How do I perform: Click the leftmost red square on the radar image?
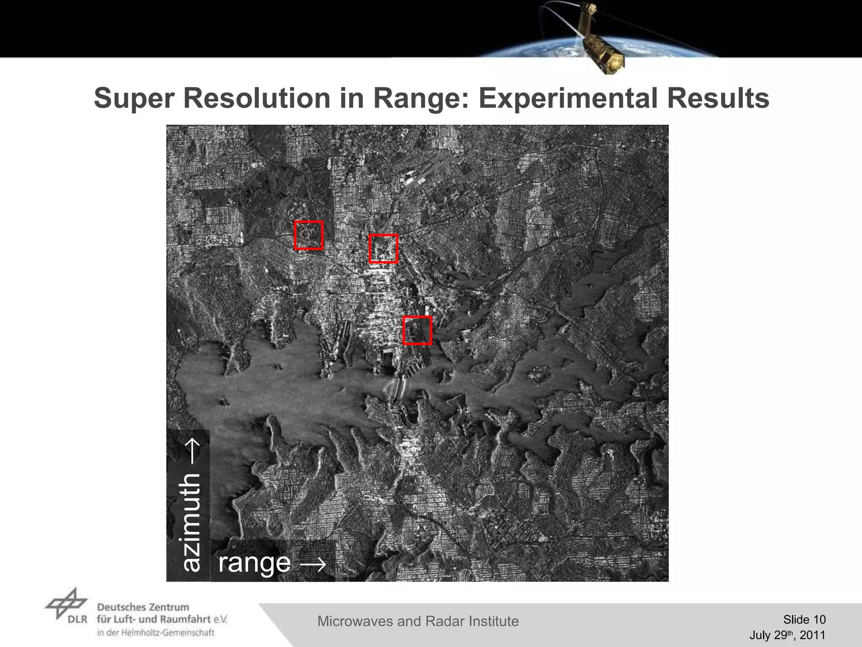point(309,235)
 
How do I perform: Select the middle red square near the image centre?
point(383,249)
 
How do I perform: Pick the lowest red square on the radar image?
point(417,330)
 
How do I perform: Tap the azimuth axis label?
point(190,522)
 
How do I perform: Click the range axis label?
point(254,563)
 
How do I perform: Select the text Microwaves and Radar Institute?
point(418,621)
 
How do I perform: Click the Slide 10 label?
point(804,620)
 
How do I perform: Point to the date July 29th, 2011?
point(787,635)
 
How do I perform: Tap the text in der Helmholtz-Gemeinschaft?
point(156,633)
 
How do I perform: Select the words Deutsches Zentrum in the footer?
point(143,607)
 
